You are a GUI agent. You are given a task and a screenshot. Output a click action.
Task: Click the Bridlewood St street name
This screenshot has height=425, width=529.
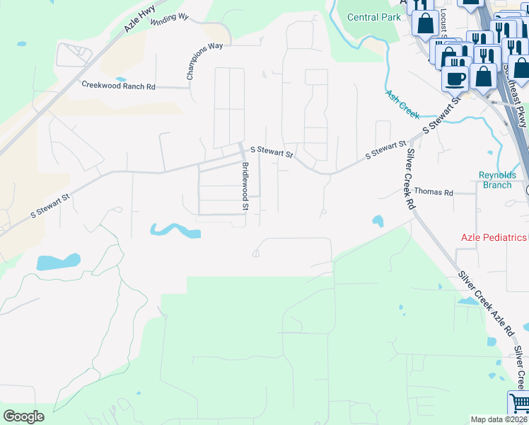(245, 186)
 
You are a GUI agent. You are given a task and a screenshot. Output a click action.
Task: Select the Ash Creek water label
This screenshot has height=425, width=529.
(402, 103)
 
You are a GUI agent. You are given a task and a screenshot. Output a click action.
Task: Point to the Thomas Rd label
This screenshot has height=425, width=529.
(433, 191)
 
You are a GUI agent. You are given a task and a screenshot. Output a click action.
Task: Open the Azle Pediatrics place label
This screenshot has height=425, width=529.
(494, 238)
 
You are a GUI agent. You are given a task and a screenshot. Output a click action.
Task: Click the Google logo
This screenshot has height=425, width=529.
(24, 416)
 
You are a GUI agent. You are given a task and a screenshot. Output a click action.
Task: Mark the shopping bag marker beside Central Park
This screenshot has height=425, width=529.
(425, 23)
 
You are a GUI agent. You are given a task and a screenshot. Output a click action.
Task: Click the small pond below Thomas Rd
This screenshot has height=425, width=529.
(378, 221)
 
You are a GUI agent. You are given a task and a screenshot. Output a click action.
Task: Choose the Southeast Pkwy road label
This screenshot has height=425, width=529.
(516, 92)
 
